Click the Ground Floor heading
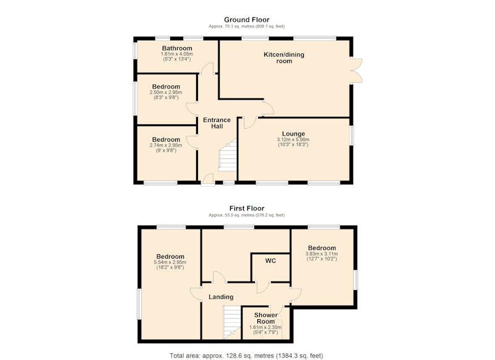point(246,20)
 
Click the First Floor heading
point(246,208)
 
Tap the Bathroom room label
point(177,48)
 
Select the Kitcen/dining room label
point(284,58)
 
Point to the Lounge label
point(293,134)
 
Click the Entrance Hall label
point(217,123)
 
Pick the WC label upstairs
point(270,261)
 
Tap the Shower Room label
point(265,318)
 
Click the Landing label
point(221,297)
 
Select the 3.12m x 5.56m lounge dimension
point(293,139)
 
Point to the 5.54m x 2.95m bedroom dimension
point(170,262)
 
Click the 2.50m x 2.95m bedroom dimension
point(166,92)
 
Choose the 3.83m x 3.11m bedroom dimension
point(322,254)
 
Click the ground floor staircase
point(228,155)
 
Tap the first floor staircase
point(233,322)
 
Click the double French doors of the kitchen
point(356,70)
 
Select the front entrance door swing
point(207,180)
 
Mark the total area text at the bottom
point(246,356)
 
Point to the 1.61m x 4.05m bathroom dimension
point(177,54)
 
